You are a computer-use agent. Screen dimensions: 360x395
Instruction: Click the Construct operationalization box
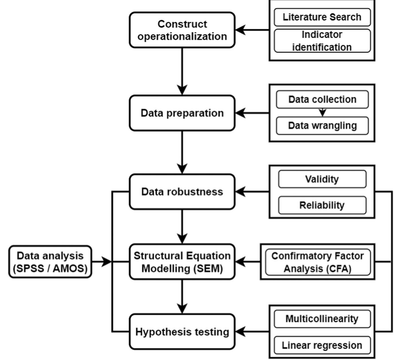coord(182,30)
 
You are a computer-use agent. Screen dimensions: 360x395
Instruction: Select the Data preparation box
coord(182,113)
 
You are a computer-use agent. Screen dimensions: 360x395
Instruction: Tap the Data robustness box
coord(182,192)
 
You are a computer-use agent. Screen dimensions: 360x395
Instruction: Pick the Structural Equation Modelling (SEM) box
coord(182,262)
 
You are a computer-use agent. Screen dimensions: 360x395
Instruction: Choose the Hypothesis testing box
coord(182,332)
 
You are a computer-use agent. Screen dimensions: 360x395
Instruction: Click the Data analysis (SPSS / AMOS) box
coord(50,262)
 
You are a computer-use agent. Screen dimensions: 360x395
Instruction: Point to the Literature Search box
coord(322,17)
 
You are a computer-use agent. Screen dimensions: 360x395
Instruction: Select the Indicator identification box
coord(322,41)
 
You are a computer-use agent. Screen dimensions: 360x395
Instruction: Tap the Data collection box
coord(322,99)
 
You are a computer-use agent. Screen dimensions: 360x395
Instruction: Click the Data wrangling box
coord(322,125)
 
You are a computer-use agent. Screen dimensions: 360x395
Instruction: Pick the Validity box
coord(322,179)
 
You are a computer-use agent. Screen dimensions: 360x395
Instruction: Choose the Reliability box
coord(322,205)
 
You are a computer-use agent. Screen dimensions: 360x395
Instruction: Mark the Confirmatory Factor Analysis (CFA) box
coord(318,262)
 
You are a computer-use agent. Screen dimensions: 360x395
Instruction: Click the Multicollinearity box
coord(322,319)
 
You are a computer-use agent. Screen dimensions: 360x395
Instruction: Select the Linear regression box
coord(322,345)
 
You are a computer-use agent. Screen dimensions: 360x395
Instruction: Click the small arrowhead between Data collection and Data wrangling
coord(323,113)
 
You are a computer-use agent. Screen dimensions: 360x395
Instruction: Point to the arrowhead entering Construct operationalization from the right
coord(240,30)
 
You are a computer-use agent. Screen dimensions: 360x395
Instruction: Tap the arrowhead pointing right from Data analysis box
coord(107,261)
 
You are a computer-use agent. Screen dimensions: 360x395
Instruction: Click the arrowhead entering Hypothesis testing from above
coord(182,309)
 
